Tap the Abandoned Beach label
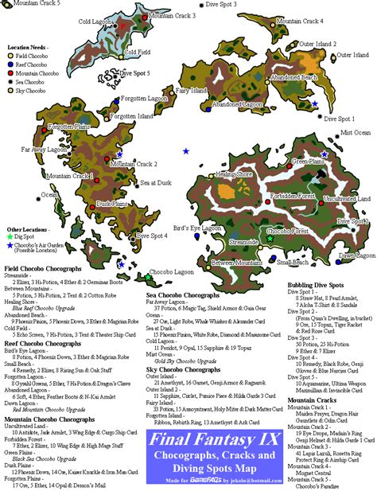[294, 77]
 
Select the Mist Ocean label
[355, 133]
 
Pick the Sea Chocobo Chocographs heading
[188, 294]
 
